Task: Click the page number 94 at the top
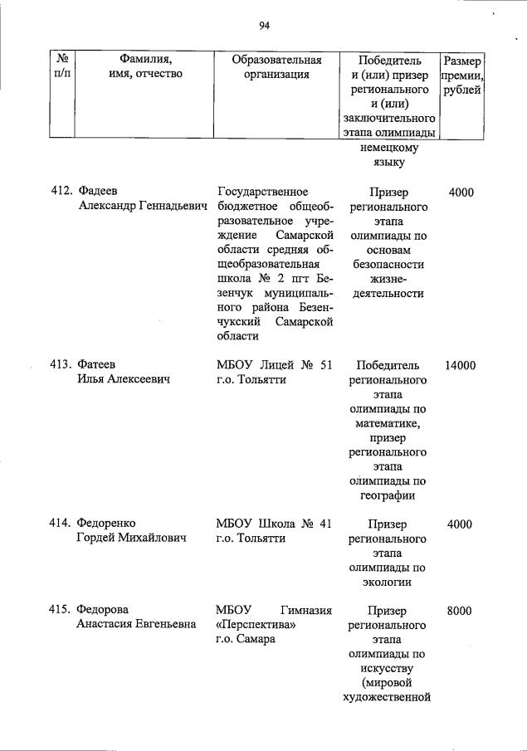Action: [x=265, y=25]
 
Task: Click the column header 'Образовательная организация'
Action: [x=276, y=67]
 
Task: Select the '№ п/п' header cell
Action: [x=62, y=67]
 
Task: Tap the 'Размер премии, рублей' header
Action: [x=462, y=75]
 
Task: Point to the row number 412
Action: [x=61, y=193]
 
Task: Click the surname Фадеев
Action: [x=97, y=193]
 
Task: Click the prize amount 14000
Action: [x=461, y=365]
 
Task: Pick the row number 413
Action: [x=61, y=365]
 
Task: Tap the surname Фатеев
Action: [x=96, y=365]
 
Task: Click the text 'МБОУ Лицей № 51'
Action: [x=274, y=365]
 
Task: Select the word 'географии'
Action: [x=388, y=496]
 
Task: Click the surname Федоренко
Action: [x=105, y=524]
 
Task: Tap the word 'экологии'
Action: [x=388, y=583]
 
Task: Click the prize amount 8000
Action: [x=459, y=611]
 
